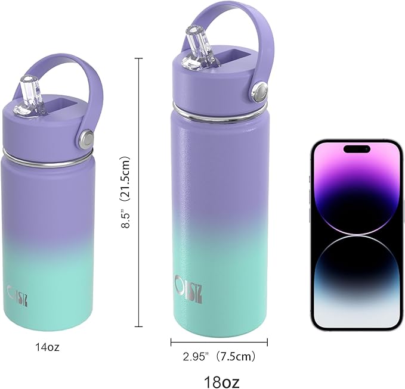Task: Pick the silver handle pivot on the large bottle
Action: tap(259, 91)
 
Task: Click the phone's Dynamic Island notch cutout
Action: tap(356, 148)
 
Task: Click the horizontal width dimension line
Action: tap(218, 342)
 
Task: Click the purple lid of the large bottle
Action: tap(215, 83)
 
